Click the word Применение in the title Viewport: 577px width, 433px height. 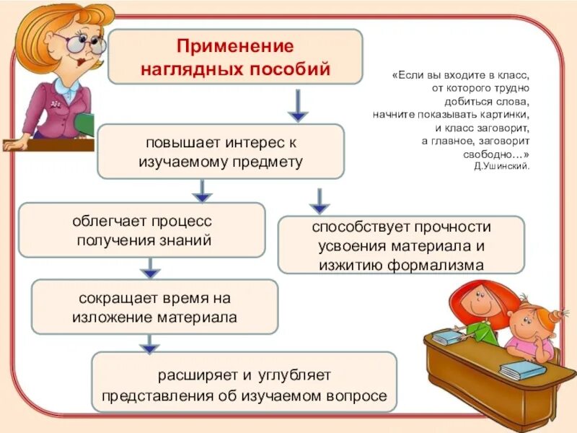tap(235, 47)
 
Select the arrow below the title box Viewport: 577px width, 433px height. tap(298, 105)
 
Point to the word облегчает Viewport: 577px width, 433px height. tap(109, 222)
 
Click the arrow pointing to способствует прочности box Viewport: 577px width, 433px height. tap(320, 201)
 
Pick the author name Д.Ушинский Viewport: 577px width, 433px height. tap(502, 167)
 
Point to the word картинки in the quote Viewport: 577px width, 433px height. tap(506, 115)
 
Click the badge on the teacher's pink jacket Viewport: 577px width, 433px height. tap(56, 104)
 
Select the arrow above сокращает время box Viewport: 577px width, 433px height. tap(150, 268)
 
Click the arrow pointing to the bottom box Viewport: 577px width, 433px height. tap(149, 344)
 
